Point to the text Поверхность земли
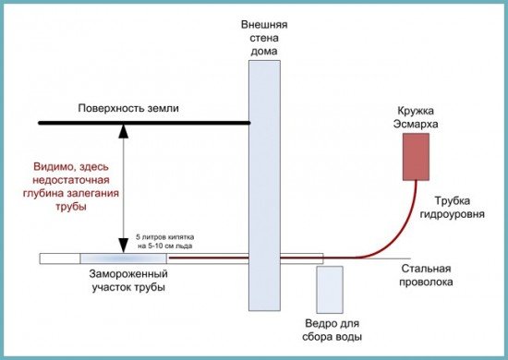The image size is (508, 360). (x=129, y=108)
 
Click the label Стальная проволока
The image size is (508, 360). (x=427, y=275)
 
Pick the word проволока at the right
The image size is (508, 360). (x=427, y=282)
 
